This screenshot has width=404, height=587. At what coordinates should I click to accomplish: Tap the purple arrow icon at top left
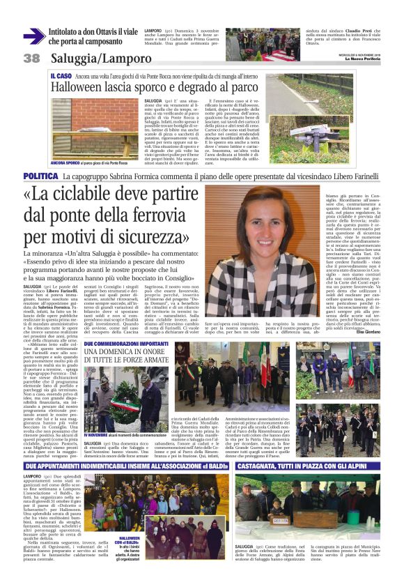(34, 36)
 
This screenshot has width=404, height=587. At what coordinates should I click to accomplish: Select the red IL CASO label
(61, 74)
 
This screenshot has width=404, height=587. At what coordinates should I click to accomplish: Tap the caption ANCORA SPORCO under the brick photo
(64, 163)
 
